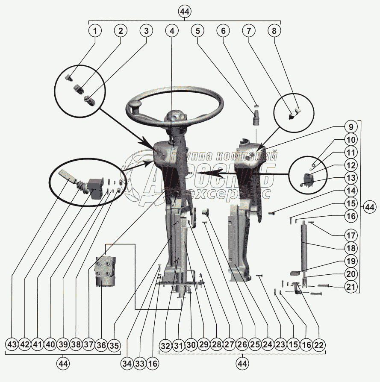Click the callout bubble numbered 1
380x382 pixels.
coord(95,31)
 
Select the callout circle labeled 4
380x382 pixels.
coord(172,31)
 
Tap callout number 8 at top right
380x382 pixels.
coord(274,31)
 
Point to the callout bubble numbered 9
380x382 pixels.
coord(351,127)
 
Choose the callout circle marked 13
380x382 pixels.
coord(351,178)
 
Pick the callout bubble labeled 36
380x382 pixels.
coord(102,345)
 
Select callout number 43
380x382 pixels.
coord(12,345)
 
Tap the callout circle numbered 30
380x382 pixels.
coord(191,345)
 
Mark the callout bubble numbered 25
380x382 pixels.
coord(255,345)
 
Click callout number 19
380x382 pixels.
coord(351,261)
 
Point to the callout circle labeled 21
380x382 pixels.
coord(351,286)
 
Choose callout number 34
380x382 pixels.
coord(127,364)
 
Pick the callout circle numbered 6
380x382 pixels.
coord(223,31)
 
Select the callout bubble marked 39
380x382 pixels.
coord(64,345)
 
